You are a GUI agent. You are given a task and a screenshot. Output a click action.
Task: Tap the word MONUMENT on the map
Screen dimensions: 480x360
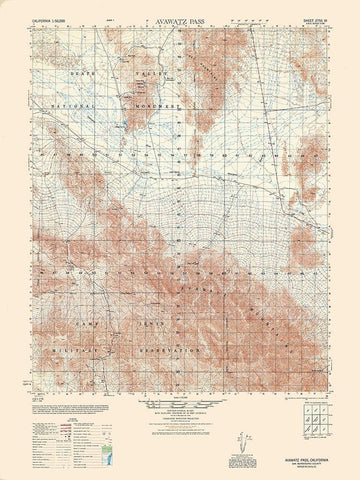pyautogui.click(x=152, y=102)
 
